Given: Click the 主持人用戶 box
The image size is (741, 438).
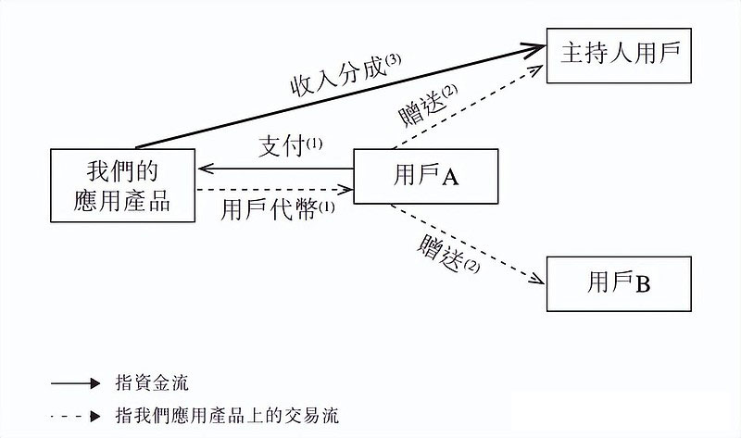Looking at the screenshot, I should pyautogui.click(x=620, y=54).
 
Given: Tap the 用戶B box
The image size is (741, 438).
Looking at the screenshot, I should pyautogui.click(x=619, y=284).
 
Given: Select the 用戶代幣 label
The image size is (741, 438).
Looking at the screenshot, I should pyautogui.click(x=269, y=208).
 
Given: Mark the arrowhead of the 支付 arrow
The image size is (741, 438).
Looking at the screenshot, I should pyautogui.click(x=205, y=169).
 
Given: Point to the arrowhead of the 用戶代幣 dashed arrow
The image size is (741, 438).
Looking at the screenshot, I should pyautogui.click(x=348, y=192).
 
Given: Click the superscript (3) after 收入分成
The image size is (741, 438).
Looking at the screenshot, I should pyautogui.click(x=394, y=60).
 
